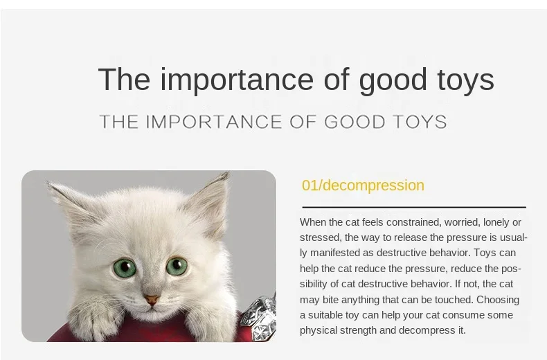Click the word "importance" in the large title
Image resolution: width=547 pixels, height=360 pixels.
click(237, 80)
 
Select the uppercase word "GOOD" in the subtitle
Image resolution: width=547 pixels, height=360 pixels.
click(355, 122)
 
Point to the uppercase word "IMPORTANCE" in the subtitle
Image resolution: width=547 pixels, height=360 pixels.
click(213, 122)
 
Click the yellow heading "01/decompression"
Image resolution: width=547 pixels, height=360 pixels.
click(363, 186)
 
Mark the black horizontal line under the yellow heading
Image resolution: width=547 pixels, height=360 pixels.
click(414, 207)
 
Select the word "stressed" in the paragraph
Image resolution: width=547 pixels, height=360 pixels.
click(321, 237)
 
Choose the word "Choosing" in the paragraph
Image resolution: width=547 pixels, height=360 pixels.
click(498, 300)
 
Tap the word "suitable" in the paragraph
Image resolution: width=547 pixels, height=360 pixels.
click(325, 315)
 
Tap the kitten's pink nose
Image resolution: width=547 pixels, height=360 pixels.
click(152, 300)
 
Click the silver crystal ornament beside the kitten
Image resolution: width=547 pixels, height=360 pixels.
click(260, 318)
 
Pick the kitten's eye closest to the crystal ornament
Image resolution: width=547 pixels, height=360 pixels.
click(177, 266)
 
